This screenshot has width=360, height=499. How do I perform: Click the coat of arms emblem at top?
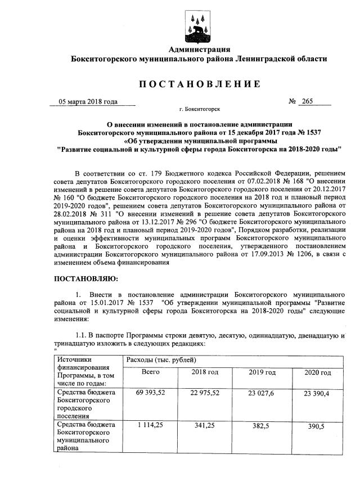(196, 25)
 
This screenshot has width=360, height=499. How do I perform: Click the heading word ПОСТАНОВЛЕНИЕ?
(200, 84)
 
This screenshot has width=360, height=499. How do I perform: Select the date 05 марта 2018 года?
(88, 102)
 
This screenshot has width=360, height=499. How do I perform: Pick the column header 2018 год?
(205, 372)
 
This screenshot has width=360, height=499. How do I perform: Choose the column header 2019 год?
(262, 372)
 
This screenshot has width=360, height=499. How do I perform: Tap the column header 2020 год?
(317, 372)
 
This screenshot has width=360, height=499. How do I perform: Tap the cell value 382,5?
(262, 426)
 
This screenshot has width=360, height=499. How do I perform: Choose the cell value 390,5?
(317, 426)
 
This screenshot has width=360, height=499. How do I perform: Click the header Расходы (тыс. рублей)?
(161, 359)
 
